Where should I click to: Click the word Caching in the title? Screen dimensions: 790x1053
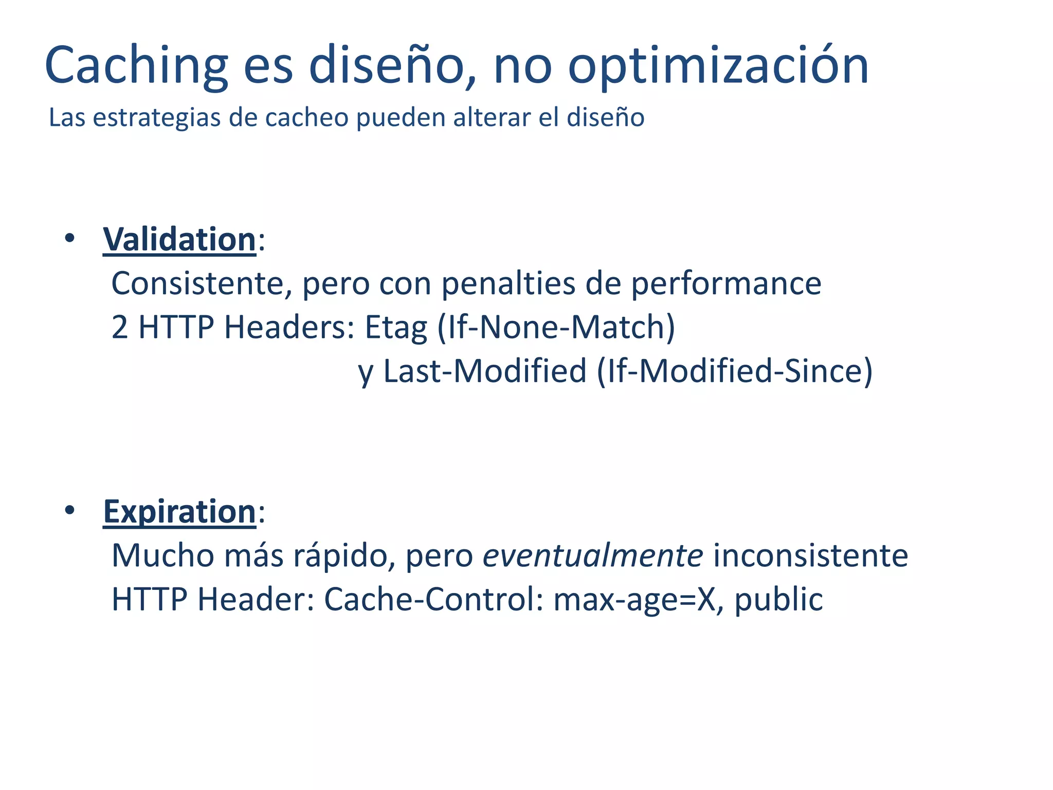point(136,66)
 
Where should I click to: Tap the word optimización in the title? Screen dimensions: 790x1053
point(718,66)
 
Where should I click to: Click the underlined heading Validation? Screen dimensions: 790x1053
point(179,240)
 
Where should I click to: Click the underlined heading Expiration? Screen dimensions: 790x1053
point(179,512)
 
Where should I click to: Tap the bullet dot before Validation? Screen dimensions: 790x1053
point(70,238)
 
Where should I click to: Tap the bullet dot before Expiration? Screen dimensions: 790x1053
point(70,510)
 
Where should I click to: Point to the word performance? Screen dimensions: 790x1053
point(726,283)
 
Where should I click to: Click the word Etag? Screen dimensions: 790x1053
point(396,327)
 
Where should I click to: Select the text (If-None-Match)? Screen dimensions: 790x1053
point(556,327)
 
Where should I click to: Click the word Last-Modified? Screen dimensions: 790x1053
point(485,371)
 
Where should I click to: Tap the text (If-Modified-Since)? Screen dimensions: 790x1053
point(735,371)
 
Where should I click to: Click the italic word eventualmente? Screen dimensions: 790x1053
point(593,555)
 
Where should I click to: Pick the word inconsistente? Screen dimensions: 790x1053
point(811,555)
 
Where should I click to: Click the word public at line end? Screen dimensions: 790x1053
point(778,600)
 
